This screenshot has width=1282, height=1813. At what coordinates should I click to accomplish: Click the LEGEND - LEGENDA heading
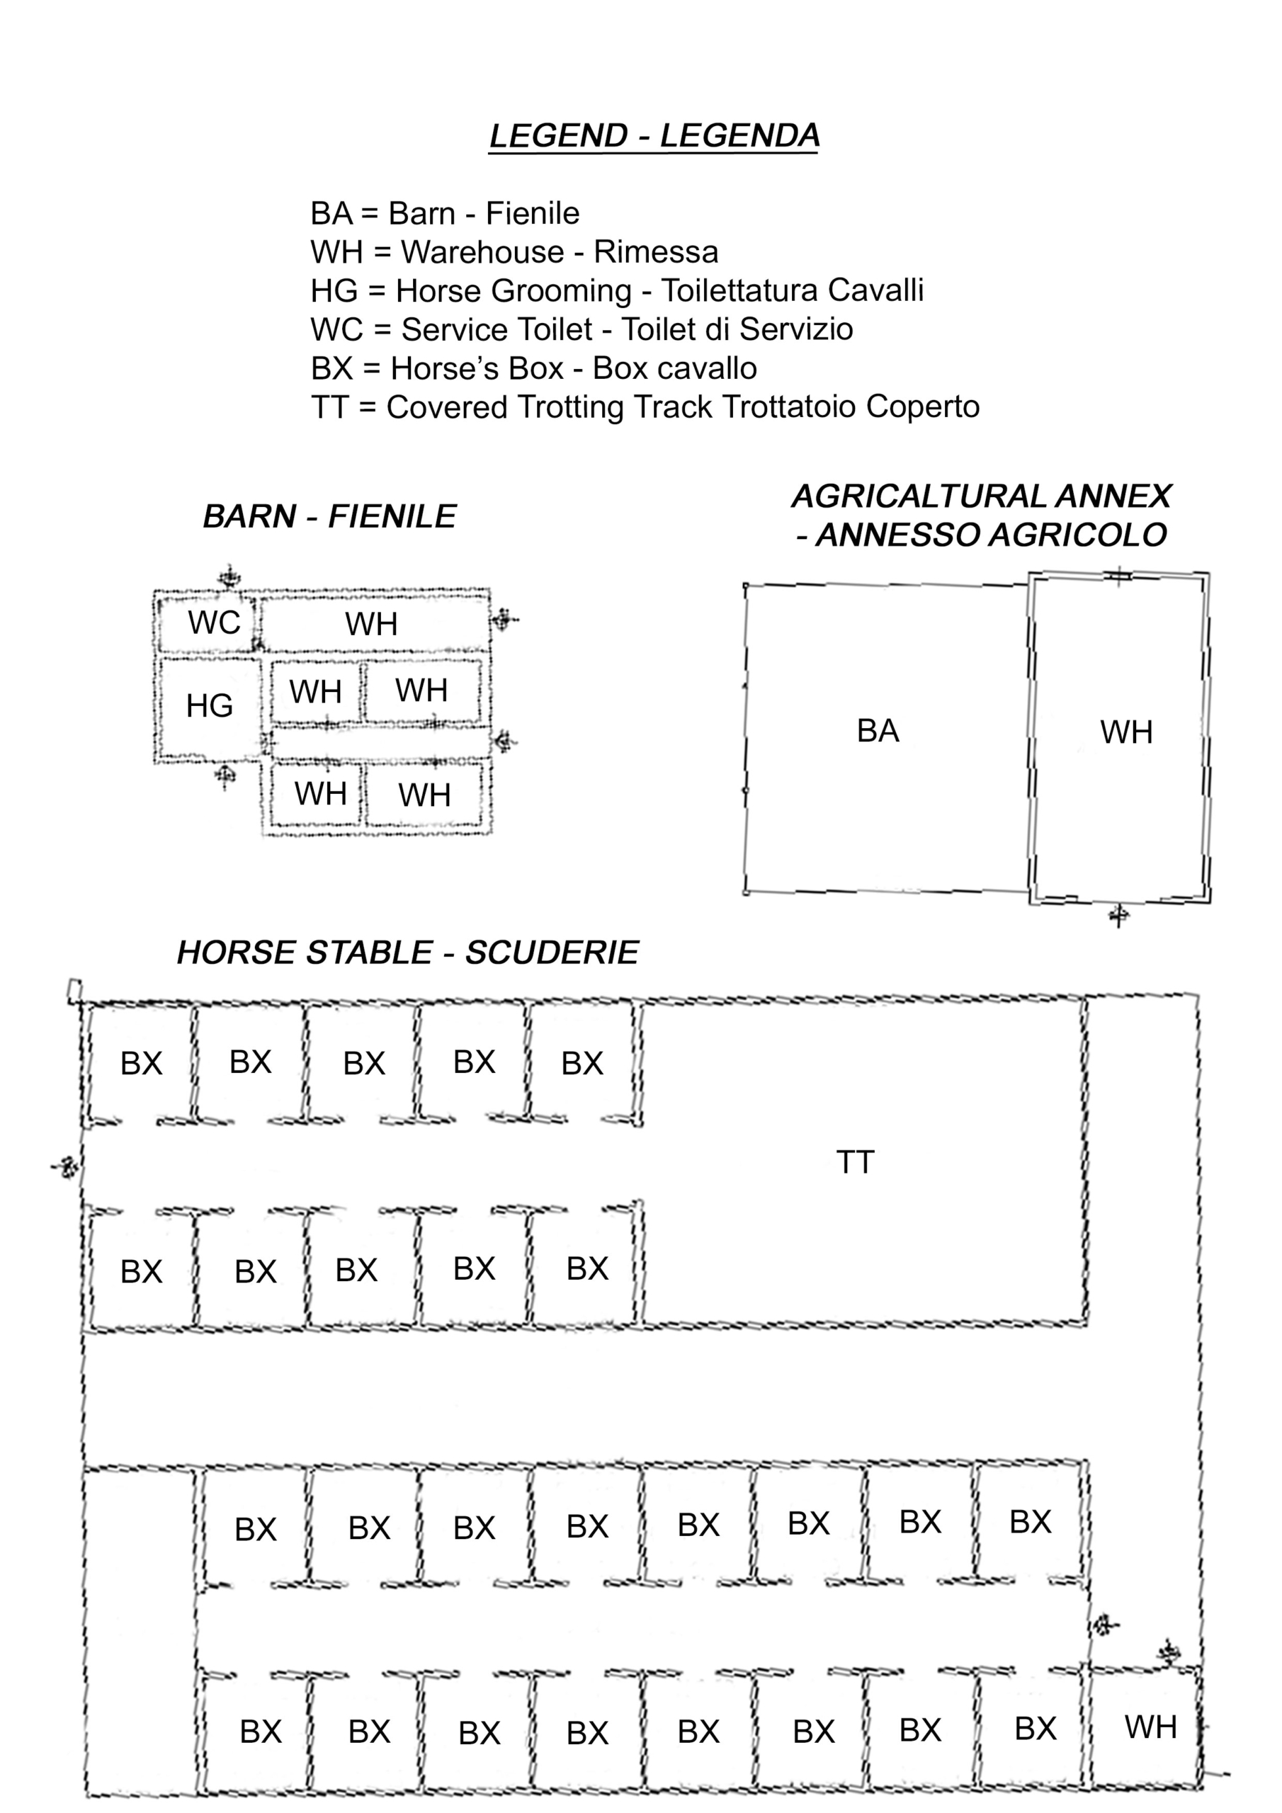654,136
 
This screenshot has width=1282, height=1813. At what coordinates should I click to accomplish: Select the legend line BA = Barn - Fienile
445,213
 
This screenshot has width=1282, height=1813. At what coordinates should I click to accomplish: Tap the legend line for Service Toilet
582,329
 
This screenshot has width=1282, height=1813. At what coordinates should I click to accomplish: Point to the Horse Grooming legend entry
617,290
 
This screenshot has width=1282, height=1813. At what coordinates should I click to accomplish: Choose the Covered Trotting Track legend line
645,407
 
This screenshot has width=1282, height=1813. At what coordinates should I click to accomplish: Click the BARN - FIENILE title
329,517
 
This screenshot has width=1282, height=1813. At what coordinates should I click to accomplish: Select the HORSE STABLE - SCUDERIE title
407,953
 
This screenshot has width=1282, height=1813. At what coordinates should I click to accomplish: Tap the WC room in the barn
208,624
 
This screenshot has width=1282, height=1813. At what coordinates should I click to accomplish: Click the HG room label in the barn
210,706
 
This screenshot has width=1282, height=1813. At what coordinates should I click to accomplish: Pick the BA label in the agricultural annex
878,731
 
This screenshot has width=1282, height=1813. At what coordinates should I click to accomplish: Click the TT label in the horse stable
856,1162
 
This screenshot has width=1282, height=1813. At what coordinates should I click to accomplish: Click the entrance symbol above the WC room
229,576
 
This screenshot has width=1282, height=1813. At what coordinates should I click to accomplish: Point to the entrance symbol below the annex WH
1118,916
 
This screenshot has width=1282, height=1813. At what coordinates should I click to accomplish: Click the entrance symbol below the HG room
225,776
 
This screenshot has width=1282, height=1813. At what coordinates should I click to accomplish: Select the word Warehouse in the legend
482,252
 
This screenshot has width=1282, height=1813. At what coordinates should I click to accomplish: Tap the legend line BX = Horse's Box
534,369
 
